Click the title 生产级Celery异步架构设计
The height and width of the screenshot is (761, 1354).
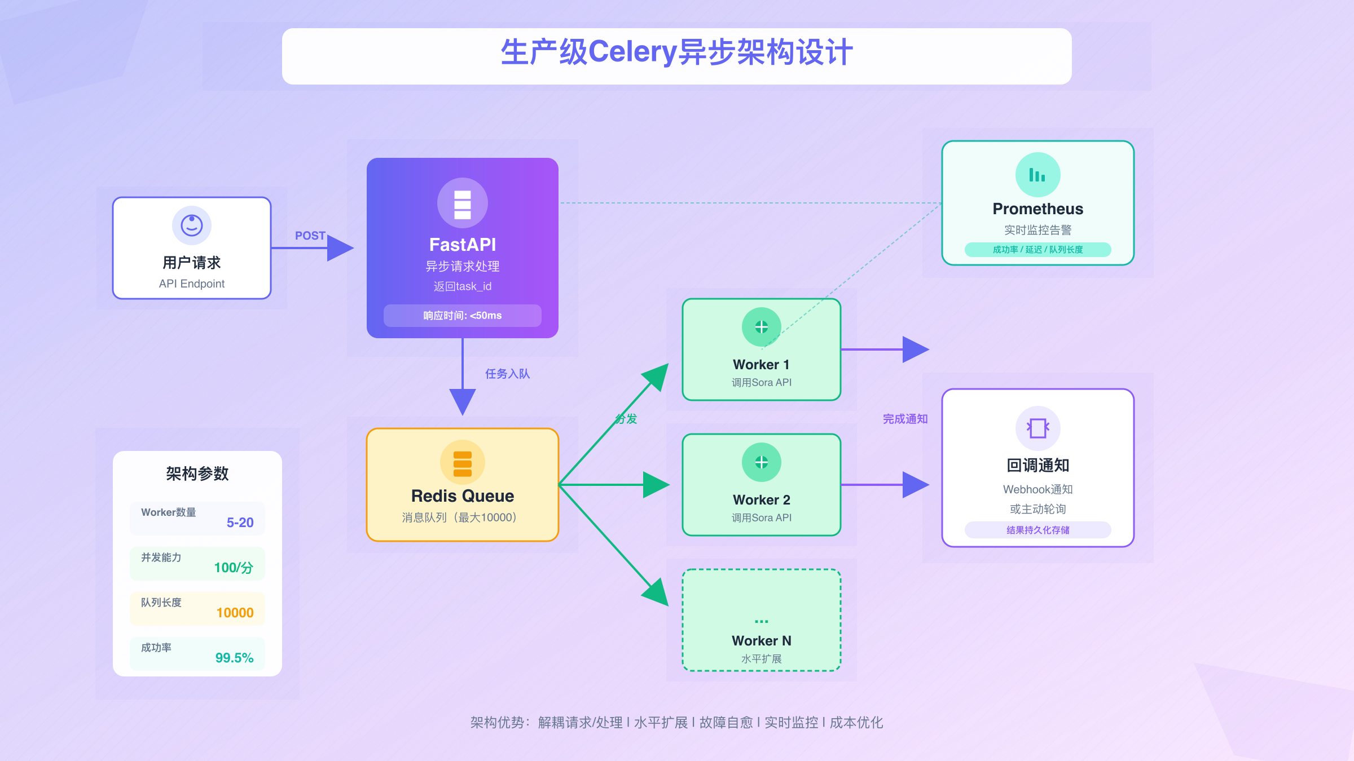pos(676,52)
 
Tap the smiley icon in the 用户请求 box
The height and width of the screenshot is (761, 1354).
pos(192,225)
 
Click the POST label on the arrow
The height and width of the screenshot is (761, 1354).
pos(310,236)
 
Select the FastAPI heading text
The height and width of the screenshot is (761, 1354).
pos(463,245)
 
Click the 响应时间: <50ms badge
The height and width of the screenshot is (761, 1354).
pos(463,316)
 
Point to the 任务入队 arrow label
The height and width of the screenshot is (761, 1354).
pos(507,374)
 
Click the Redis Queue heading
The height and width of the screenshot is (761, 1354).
pos(463,496)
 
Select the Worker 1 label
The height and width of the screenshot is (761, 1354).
pos(761,365)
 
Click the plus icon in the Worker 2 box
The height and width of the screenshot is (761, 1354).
pos(762,462)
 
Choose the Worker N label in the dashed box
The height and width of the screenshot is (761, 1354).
pos(761,641)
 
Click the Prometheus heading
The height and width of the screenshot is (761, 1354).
pos(1038,209)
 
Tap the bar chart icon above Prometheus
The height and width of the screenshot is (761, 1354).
pos(1038,175)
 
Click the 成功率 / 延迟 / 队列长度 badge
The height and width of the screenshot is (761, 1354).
pos(1038,250)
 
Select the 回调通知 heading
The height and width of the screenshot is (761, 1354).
pos(1038,466)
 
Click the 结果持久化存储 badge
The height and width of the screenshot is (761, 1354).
pos(1038,530)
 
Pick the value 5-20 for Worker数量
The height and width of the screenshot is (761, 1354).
pos(240,523)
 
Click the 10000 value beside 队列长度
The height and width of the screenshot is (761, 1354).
pos(235,613)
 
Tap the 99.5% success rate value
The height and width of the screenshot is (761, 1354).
pos(234,658)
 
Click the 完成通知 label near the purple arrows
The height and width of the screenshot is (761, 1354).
pos(905,419)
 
